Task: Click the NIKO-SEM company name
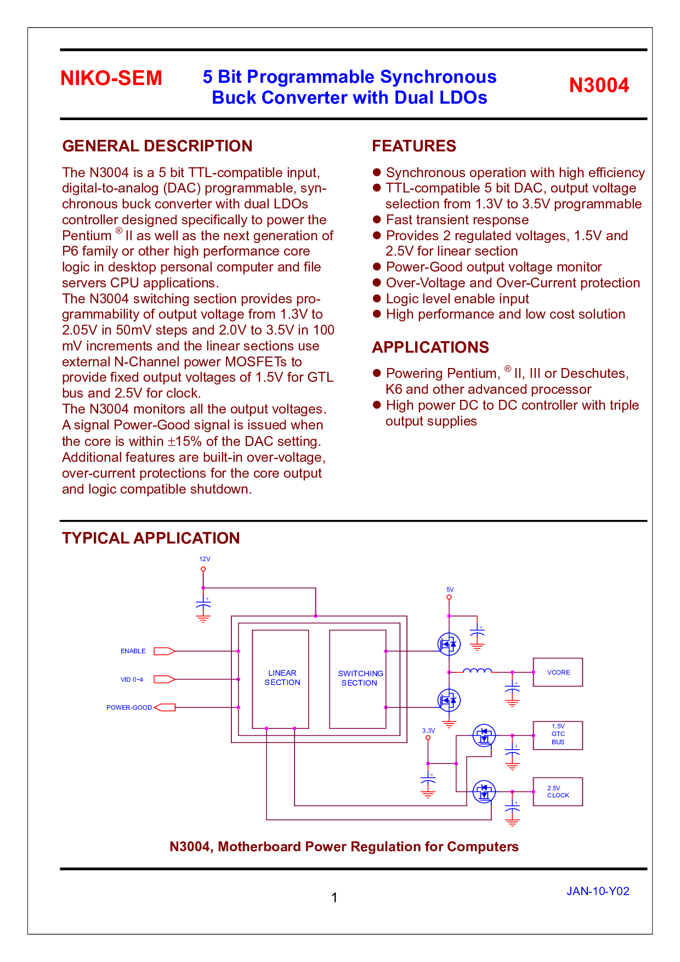111,78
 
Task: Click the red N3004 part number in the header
599,85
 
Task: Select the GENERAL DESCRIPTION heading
157,146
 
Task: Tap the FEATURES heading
414,146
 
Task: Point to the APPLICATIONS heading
430,347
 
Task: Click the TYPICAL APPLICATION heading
151,538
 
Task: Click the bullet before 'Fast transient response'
377,219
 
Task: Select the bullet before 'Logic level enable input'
377,298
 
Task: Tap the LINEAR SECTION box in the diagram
280,679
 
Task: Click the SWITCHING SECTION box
358,679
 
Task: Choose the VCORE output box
558,672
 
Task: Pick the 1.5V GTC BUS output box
558,735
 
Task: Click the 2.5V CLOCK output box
558,791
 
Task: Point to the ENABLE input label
133,651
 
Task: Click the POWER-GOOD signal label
129,708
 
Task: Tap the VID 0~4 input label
132,680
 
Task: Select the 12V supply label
205,559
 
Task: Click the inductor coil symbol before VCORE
478,670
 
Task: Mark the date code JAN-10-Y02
598,891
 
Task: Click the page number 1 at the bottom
335,898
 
